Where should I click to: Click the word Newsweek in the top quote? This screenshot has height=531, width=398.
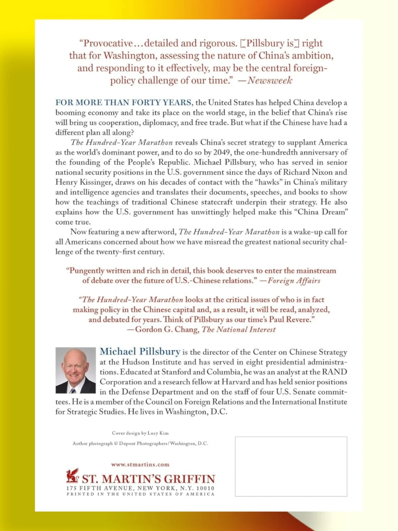pyautogui.click(x=270, y=80)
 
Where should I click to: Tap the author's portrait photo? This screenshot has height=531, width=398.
pyautogui.click(x=76, y=370)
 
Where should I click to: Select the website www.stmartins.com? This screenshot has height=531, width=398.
pyautogui.click(x=140, y=464)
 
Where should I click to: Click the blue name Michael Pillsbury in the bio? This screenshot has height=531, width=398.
pyautogui.click(x=140, y=352)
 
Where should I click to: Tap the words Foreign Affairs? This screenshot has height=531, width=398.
pyautogui.click(x=294, y=281)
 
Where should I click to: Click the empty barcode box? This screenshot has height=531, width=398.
pyautogui.click(x=291, y=466)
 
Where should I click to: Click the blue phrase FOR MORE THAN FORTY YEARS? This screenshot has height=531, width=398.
pyautogui.click(x=123, y=102)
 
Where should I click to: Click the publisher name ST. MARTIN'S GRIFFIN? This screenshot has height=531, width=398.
pyautogui.click(x=149, y=479)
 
